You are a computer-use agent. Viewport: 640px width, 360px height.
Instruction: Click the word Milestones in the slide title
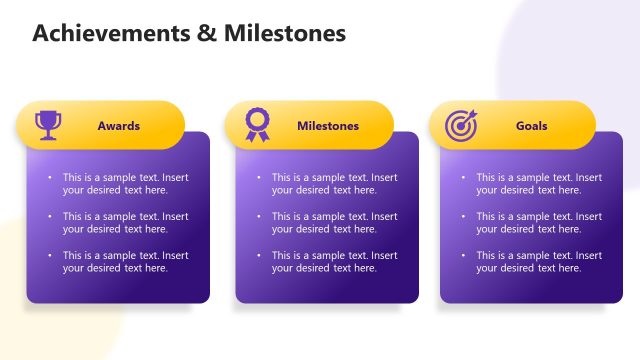click(x=288, y=34)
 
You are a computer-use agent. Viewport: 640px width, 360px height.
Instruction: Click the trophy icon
click(x=48, y=125)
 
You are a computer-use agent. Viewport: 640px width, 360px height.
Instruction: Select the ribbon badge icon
click(x=257, y=125)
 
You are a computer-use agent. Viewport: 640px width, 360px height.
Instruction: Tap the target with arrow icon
click(x=462, y=125)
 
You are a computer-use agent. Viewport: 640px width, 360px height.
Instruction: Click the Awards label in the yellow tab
click(x=118, y=126)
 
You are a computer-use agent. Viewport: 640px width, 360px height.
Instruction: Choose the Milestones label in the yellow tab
click(x=327, y=126)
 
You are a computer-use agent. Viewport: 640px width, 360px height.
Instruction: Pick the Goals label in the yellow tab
click(x=531, y=126)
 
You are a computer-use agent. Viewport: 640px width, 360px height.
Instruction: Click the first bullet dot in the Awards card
click(x=49, y=178)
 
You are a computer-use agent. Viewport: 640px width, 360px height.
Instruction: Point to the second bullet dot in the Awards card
click(x=49, y=217)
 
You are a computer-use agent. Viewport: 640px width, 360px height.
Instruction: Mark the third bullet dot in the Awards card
click(x=49, y=256)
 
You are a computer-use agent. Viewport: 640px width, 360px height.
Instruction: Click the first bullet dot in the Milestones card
click(x=258, y=178)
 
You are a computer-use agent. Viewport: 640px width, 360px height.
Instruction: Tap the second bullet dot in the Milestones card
click(x=258, y=217)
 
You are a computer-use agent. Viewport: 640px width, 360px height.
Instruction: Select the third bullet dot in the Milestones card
click(x=258, y=256)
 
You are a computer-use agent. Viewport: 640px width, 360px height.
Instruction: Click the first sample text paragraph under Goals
click(x=539, y=184)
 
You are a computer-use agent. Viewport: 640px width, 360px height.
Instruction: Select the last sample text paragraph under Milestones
click(x=334, y=262)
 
